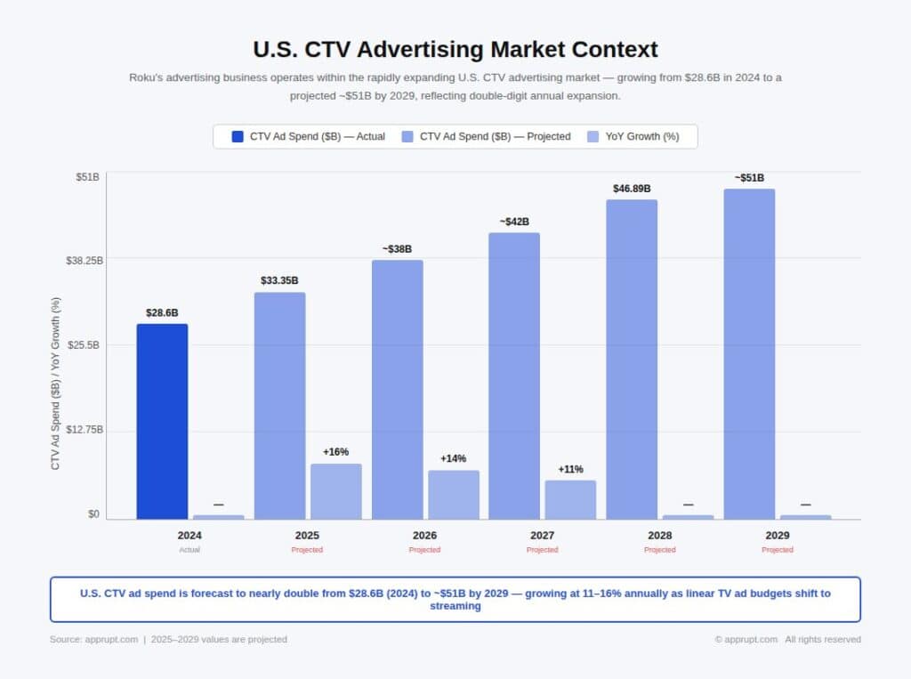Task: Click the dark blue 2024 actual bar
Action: tap(162, 421)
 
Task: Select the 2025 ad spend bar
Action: tap(279, 406)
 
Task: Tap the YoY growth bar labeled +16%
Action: tap(335, 491)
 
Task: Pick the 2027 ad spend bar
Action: tap(514, 376)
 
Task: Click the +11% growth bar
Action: tap(570, 499)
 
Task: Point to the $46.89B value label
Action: tap(632, 189)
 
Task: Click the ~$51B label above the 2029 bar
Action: tap(749, 178)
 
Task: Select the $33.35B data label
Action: tap(279, 281)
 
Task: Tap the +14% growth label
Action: tap(453, 458)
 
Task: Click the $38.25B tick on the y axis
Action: tap(85, 261)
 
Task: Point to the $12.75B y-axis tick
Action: tap(85, 430)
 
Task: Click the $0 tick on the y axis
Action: tap(93, 514)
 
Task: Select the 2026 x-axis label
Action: tap(424, 536)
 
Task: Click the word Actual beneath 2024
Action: tap(189, 550)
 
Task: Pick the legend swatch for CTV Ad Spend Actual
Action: tap(238, 136)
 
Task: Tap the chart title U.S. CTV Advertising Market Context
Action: tap(455, 48)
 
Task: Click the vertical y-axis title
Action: tap(55, 383)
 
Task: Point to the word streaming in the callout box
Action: tap(455, 606)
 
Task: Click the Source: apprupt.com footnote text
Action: tap(93, 639)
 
